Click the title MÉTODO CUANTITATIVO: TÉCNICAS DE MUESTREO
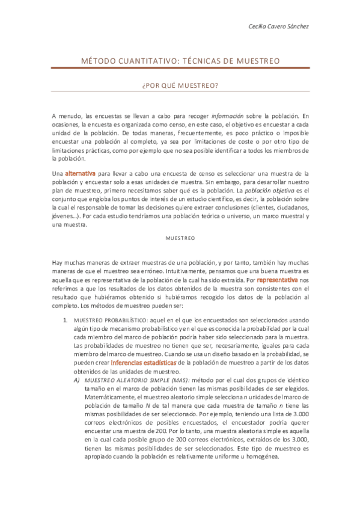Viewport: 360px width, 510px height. (x=180, y=60)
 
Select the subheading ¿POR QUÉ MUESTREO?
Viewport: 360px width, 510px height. (x=180, y=85)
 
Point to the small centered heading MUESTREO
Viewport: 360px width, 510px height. (x=180, y=238)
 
